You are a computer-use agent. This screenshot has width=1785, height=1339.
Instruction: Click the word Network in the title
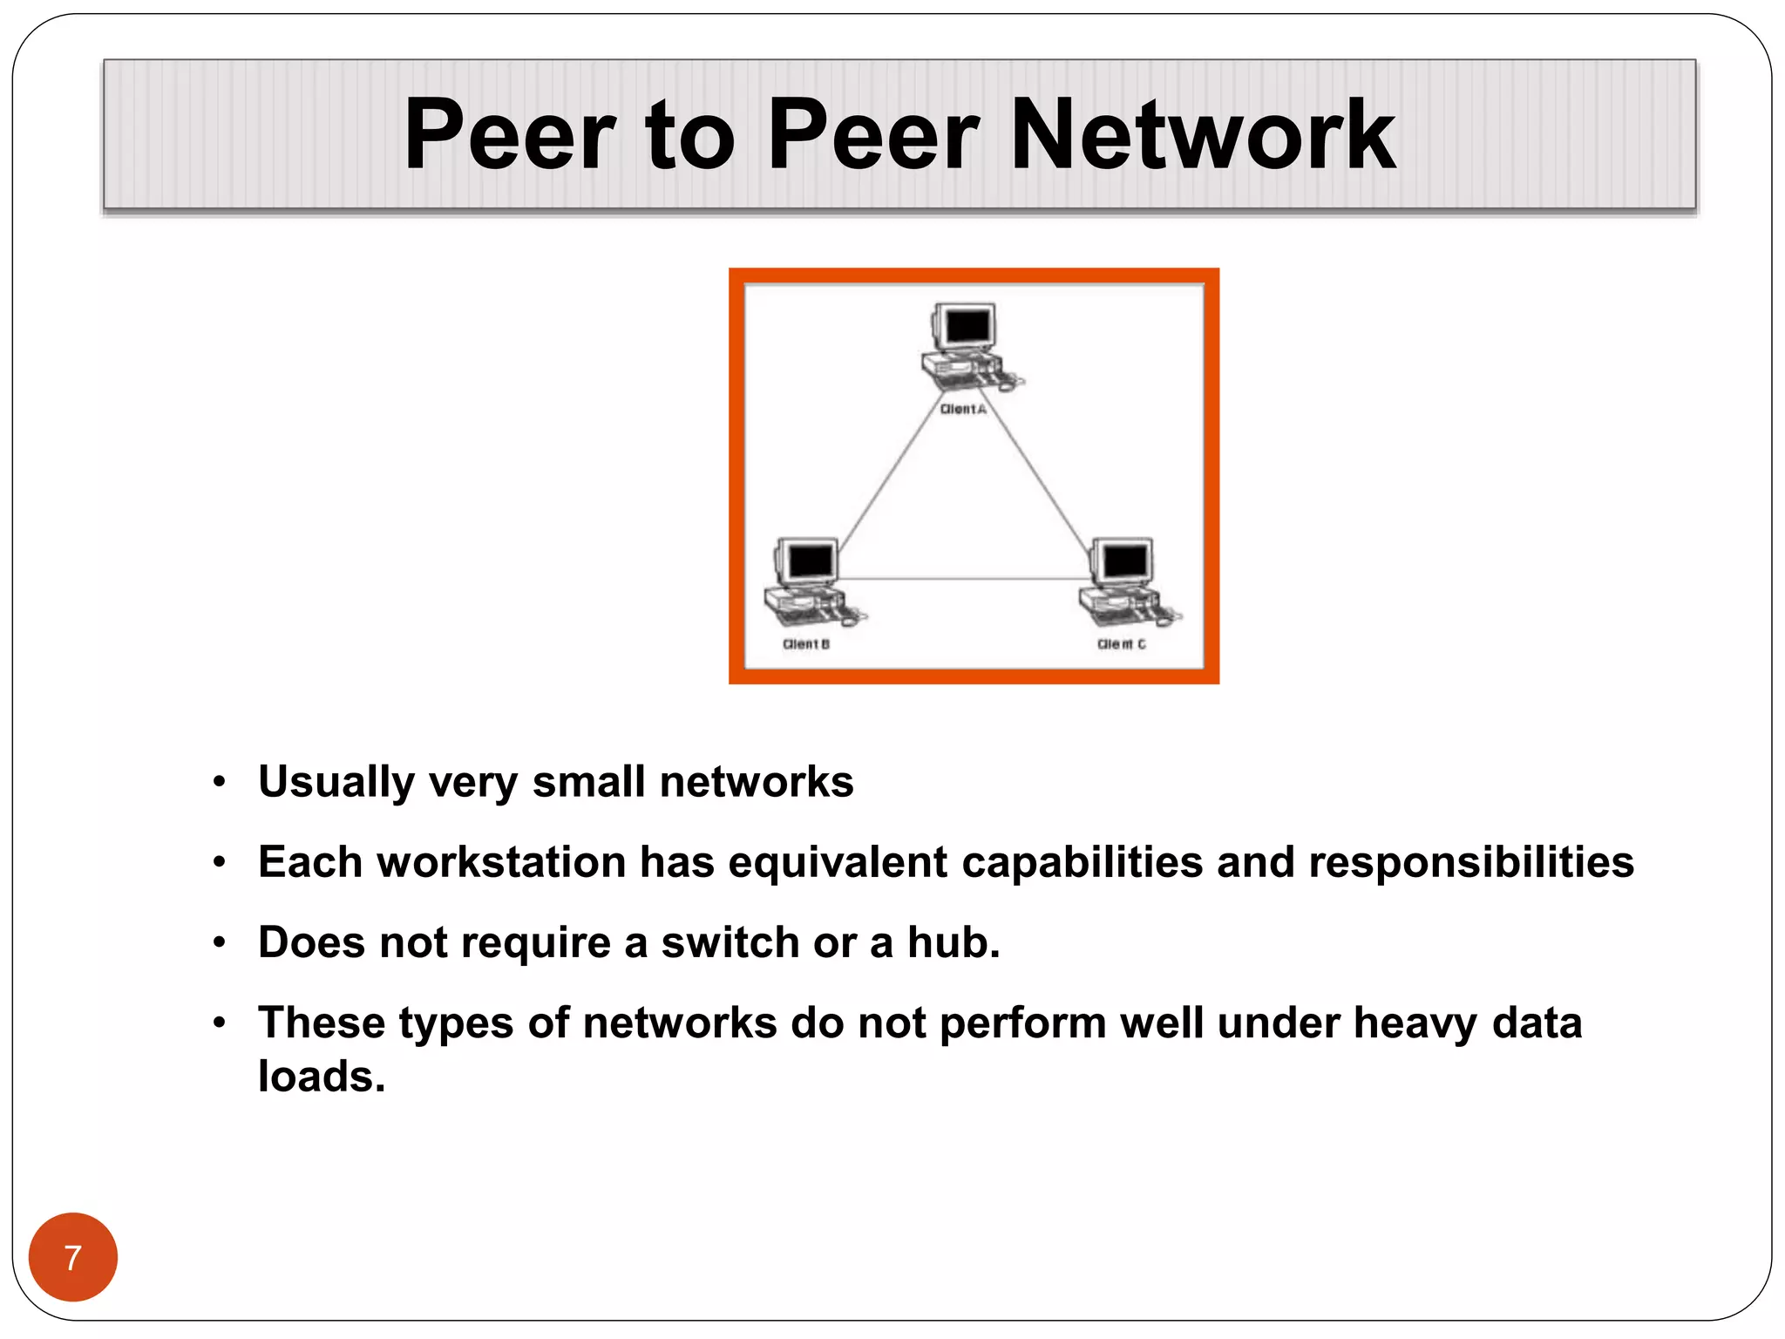point(1203,135)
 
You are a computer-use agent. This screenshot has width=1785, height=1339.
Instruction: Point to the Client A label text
point(963,409)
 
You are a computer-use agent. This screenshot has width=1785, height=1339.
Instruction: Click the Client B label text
point(806,644)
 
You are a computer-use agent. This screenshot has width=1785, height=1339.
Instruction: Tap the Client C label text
point(1122,644)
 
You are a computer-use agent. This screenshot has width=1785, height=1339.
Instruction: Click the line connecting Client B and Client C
point(963,579)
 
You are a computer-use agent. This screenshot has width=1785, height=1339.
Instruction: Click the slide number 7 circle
point(73,1257)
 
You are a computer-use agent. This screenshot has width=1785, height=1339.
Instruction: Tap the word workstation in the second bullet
point(501,862)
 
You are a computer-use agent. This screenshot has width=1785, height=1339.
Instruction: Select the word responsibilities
point(1470,862)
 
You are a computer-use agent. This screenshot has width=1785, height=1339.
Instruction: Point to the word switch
point(730,942)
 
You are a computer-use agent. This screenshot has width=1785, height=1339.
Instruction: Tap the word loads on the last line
point(321,1077)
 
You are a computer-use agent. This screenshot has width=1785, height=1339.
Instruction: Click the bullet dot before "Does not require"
point(220,942)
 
